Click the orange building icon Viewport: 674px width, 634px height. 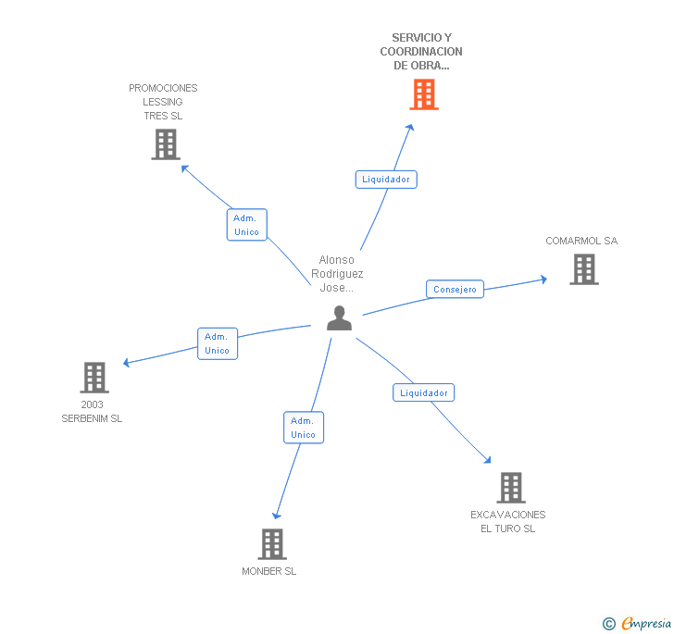click(423, 94)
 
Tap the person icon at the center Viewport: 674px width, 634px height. click(340, 317)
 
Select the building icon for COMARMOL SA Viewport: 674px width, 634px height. click(584, 269)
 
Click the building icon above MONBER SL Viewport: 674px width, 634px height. click(272, 544)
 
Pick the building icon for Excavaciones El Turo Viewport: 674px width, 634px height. click(511, 487)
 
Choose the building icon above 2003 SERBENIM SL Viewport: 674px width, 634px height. click(94, 378)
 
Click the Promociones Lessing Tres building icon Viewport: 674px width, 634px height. click(166, 144)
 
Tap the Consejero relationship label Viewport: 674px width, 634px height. click(456, 290)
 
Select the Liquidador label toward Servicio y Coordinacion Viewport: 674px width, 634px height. click(386, 180)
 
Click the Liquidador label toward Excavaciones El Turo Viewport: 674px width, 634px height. click(423, 392)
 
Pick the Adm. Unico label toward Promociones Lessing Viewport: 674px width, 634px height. click(246, 225)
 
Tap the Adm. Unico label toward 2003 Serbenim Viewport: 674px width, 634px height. click(217, 343)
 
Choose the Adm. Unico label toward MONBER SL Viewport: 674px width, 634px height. click(303, 428)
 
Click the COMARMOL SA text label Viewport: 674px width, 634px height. click(581, 242)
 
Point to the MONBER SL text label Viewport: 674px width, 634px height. click(269, 572)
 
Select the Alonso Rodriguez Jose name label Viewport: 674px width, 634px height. click(337, 274)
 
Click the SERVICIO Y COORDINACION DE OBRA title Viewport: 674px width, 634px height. click(421, 52)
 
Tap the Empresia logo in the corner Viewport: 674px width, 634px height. click(645, 624)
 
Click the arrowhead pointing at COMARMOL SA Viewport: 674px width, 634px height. click(543, 278)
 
